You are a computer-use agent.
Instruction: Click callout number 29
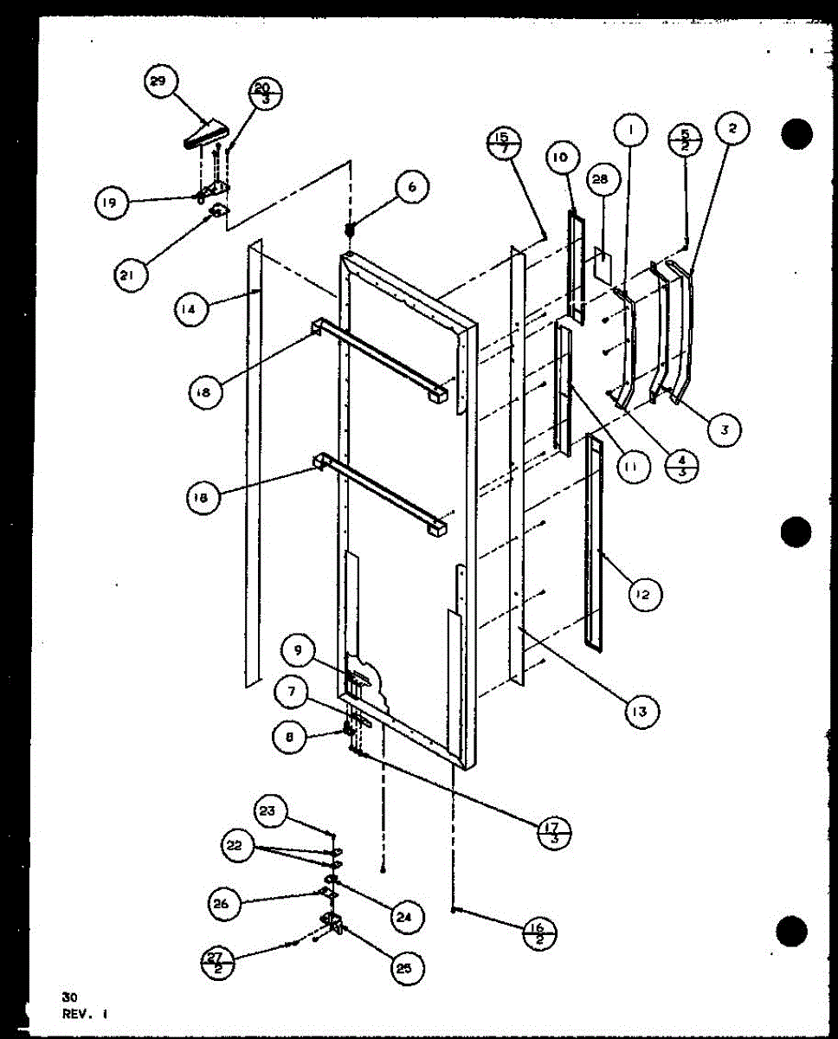point(158,83)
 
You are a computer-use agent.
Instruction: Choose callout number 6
point(412,187)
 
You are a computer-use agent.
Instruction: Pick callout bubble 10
point(560,158)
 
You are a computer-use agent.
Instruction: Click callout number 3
point(723,429)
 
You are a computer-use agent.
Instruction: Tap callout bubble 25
point(403,969)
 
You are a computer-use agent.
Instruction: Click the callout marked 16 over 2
point(538,934)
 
